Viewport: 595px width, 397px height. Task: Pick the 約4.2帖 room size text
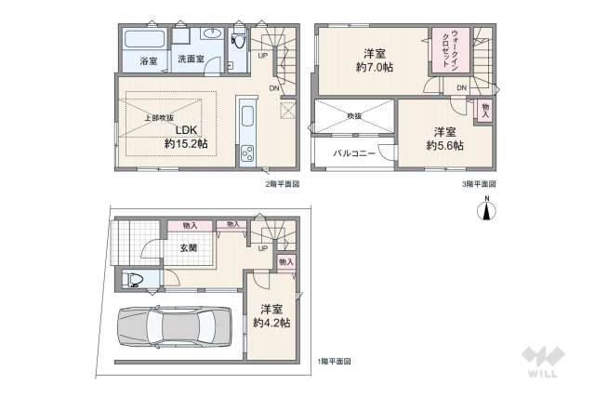271,323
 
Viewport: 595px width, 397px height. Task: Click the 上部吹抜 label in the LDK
160,117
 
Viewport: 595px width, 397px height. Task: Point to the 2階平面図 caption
282,183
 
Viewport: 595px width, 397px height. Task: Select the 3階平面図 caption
480,183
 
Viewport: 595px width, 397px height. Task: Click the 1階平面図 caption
332,360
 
